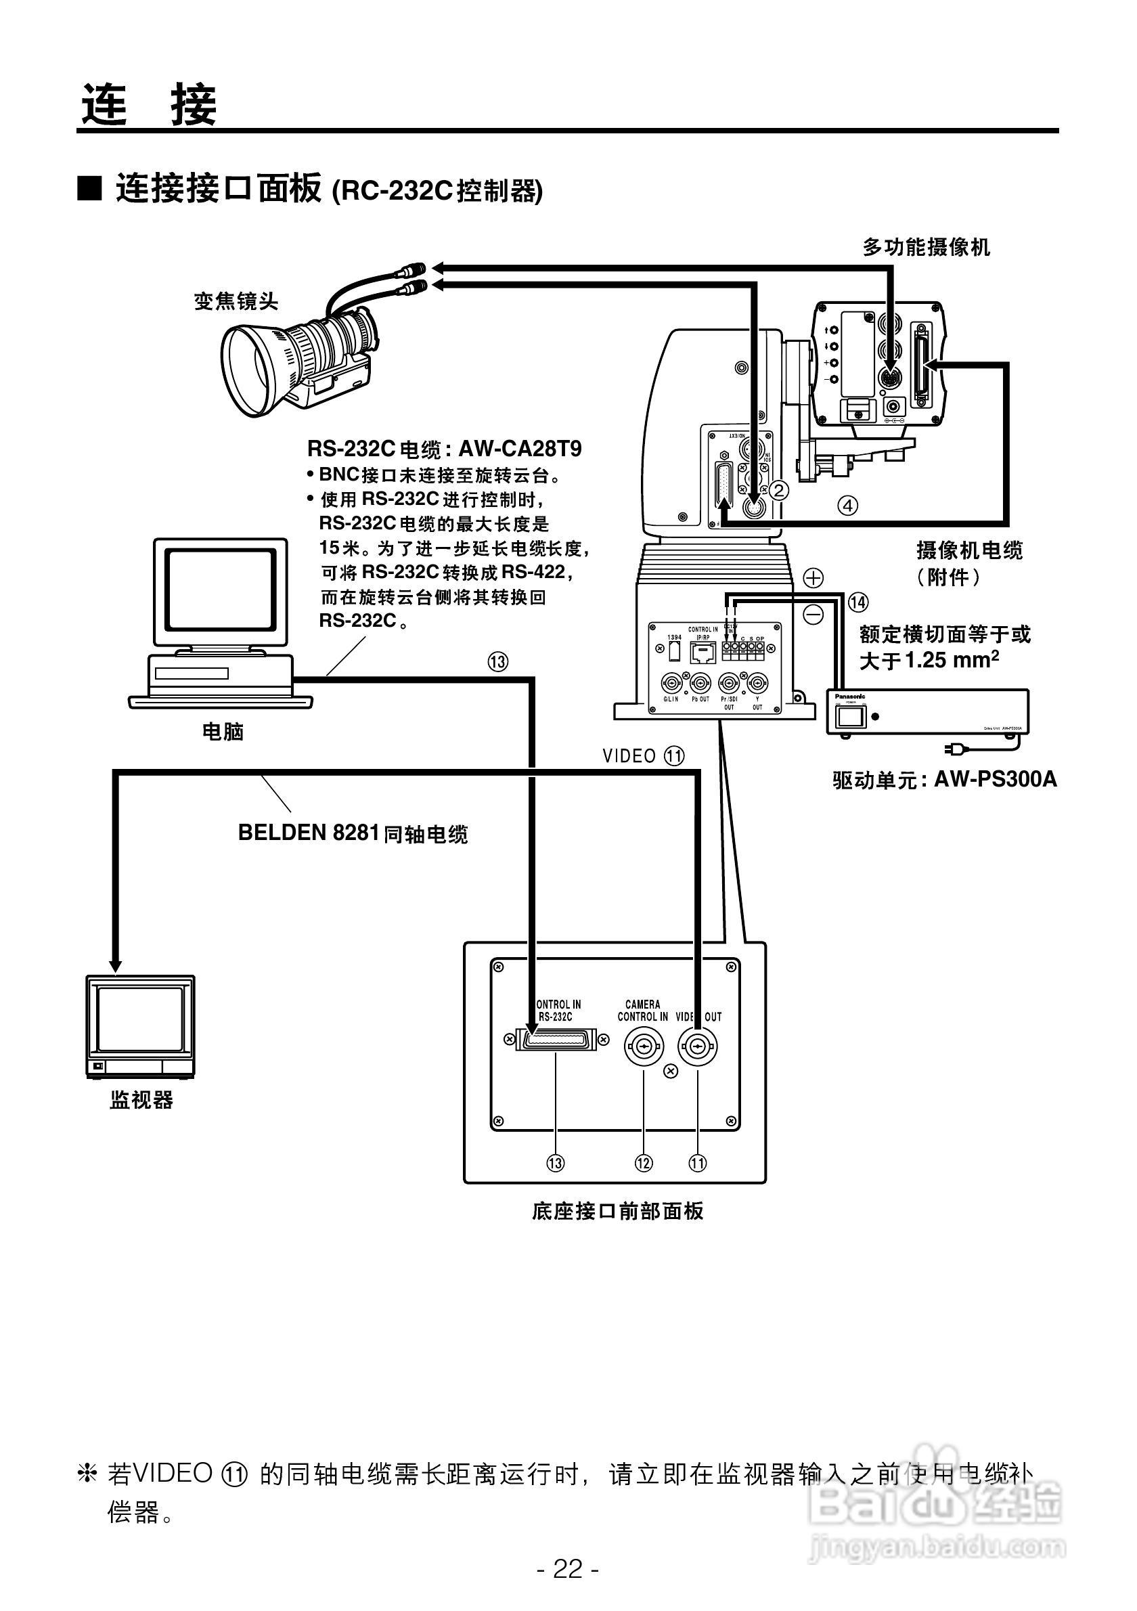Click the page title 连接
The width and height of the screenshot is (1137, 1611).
click(x=149, y=104)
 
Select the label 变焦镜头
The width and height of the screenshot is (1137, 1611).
click(x=236, y=301)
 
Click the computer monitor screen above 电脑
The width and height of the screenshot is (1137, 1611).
click(x=220, y=590)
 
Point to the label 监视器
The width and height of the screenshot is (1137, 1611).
click(x=141, y=1099)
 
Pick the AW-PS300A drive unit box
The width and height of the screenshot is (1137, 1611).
click(x=927, y=711)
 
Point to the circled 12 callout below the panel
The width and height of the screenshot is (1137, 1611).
click(x=643, y=1164)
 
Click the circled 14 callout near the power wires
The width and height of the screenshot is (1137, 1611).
click(x=858, y=602)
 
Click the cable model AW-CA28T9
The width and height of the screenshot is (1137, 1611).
click(x=520, y=449)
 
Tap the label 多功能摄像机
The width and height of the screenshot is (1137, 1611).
click(x=926, y=247)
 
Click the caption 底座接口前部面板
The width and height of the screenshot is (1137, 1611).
click(x=617, y=1211)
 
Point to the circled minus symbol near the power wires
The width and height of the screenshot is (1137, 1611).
click(x=813, y=615)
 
